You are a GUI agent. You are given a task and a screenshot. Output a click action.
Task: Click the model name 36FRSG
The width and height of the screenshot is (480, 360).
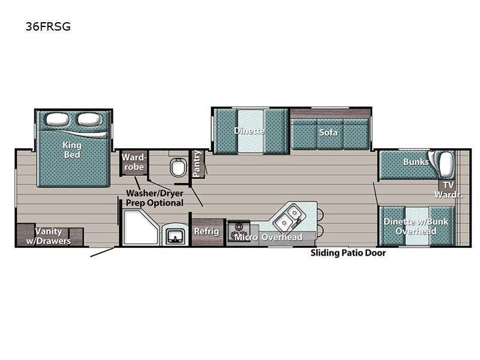[48, 26]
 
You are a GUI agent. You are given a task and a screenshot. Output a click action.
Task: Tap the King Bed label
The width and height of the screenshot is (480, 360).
[72, 149]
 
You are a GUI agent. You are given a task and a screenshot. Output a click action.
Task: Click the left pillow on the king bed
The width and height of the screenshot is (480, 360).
[57, 119]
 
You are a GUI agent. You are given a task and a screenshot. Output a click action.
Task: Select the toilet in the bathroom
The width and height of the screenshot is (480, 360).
[178, 167]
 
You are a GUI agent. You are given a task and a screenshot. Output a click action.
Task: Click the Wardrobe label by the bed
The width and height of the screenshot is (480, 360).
[134, 162]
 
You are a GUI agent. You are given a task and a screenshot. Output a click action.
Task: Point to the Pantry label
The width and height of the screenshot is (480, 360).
[197, 163]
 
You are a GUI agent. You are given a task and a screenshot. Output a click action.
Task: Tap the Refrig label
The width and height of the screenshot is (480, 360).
[206, 232]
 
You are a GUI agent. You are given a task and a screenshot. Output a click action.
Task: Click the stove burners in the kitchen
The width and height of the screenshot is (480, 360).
[238, 231]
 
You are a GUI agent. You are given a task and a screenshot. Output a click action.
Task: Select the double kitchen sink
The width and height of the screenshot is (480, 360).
[288, 217]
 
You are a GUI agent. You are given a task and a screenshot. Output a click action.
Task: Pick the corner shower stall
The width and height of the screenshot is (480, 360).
[141, 227]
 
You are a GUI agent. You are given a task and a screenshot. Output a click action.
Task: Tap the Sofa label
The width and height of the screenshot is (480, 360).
[328, 133]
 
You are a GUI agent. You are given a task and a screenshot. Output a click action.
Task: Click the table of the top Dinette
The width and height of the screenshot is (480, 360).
[250, 131]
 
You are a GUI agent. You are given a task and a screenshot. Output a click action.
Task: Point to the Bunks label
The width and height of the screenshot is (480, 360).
[416, 161]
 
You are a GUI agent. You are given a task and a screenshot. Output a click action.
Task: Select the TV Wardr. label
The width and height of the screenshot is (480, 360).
[448, 190]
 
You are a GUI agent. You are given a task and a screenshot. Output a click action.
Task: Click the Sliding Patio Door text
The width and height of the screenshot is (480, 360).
[348, 253]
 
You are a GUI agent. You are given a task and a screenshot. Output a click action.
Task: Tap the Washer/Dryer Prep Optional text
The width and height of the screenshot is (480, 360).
[155, 198]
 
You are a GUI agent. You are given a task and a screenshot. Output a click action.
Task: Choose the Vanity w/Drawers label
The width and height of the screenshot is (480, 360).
[49, 236]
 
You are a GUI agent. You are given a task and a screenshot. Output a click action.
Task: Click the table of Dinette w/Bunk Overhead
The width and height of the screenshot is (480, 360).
[416, 226]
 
